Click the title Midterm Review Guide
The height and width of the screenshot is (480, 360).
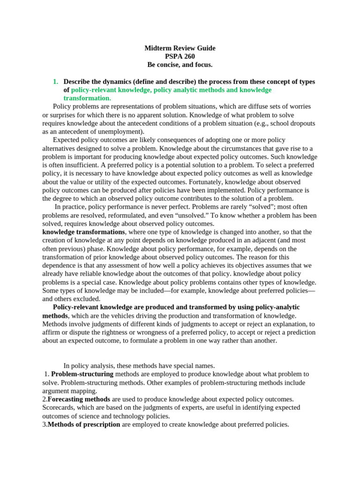click(180, 48)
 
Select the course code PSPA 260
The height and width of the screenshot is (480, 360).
click(180, 57)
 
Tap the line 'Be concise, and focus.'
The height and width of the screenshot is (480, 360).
click(180, 65)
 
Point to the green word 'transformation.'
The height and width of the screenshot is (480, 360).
click(87, 98)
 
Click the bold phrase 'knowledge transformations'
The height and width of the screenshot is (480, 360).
click(83, 232)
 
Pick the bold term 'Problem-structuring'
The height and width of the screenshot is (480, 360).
click(82, 374)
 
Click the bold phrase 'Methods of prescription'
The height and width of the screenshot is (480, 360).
click(84, 425)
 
